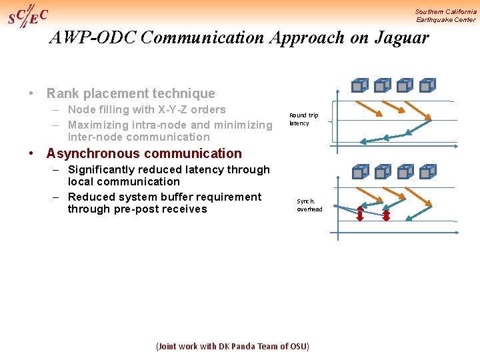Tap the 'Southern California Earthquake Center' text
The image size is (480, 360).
[x=445, y=15]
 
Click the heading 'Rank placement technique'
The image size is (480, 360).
[x=131, y=93]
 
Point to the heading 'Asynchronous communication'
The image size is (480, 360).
[x=144, y=153]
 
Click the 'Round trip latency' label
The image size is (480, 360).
[x=303, y=119]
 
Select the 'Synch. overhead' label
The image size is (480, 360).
[x=309, y=205]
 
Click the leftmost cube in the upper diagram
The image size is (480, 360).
[x=360, y=85]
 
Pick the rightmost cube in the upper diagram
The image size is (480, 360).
[x=428, y=85]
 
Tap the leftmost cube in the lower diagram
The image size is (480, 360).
[x=360, y=171]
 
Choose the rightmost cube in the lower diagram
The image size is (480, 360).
[x=428, y=171]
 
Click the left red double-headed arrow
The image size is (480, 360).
[x=360, y=214]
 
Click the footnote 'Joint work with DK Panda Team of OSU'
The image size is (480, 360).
[x=232, y=347]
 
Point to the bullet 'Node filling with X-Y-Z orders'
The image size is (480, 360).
[x=147, y=109]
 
